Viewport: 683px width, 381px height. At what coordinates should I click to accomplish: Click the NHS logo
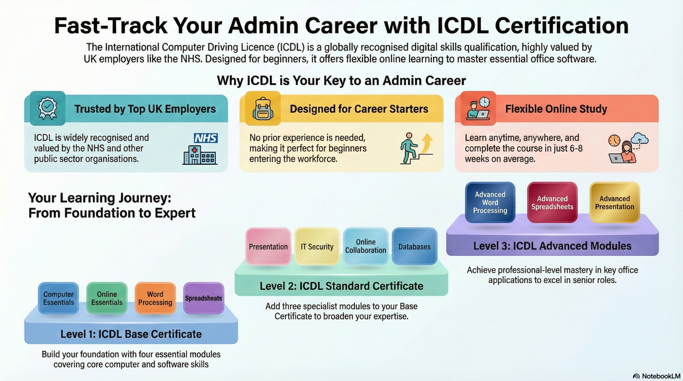[x=206, y=138]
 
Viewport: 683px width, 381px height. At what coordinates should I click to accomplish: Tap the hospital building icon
[x=200, y=155]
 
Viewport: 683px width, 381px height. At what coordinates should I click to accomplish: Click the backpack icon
[x=263, y=109]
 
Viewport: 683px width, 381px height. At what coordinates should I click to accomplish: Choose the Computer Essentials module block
[x=58, y=298]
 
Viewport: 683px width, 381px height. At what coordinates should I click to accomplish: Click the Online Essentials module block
[x=107, y=298]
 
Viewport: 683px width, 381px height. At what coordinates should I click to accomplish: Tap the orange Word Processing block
[x=155, y=298]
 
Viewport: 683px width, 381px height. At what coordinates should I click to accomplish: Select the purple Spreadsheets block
[x=203, y=298]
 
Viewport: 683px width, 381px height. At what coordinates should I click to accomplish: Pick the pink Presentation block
[x=268, y=247]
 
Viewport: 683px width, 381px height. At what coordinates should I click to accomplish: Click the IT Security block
[x=317, y=247]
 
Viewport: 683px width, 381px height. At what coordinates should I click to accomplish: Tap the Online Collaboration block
[x=366, y=246]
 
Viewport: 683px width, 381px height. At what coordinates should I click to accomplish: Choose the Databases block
[x=414, y=247]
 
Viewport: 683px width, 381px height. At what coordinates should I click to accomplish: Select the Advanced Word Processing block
[x=490, y=202]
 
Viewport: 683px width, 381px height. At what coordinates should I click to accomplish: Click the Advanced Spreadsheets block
[x=552, y=203]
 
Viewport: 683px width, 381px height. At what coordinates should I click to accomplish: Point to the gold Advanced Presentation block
[x=615, y=203]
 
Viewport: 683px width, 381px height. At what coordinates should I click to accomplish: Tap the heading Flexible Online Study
[x=556, y=109]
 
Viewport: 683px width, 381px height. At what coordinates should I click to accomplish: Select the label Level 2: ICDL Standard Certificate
[x=341, y=286]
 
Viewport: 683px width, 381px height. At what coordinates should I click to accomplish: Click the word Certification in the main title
[x=562, y=26]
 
